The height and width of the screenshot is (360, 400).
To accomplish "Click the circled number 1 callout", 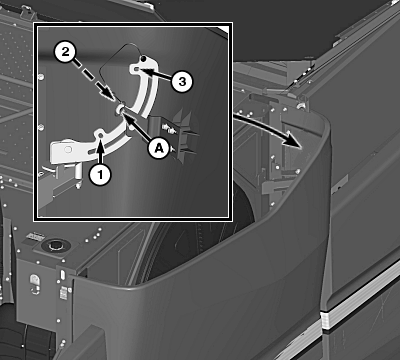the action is pos(100,174).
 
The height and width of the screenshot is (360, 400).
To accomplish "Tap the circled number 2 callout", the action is pos(66,52).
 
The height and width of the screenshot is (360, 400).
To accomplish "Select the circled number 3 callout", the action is pos(182,81).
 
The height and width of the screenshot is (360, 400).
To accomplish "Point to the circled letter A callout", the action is pos(159,147).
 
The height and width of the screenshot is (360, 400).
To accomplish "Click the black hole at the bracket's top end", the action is pos(143,59).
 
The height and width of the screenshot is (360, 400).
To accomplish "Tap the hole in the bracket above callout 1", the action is pos(100,135).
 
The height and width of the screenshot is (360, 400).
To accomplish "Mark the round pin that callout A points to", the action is pos(120,109).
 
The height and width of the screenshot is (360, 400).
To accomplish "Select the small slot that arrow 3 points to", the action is pos(137,69).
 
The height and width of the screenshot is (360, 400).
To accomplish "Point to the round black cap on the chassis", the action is pos(55,246).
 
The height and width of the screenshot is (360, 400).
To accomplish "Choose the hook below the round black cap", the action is pos(35,284).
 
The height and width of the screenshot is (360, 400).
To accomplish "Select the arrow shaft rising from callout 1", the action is pos(100,154).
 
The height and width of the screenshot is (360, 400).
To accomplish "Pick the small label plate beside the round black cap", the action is pos(36,237).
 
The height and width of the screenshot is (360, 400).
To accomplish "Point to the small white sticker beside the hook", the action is pos(63,293).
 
